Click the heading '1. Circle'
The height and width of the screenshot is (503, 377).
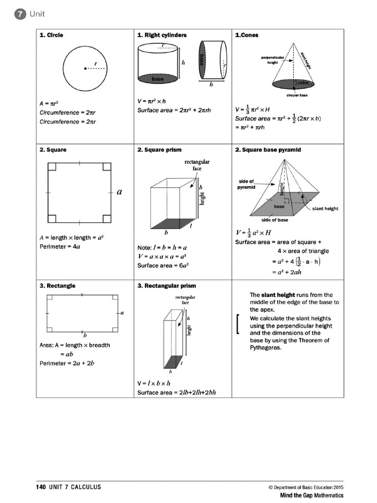(x=52, y=35)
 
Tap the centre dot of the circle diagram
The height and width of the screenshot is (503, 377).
(x=86, y=69)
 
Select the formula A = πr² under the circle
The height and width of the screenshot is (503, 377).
(x=49, y=104)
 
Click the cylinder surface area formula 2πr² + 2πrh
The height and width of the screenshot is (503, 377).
(x=174, y=110)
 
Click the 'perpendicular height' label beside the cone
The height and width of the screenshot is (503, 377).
(x=272, y=60)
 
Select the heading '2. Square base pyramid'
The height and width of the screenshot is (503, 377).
(x=268, y=150)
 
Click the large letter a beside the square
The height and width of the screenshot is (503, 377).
(x=119, y=193)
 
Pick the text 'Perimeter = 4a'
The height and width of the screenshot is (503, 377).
(x=60, y=247)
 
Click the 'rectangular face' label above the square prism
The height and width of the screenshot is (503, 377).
(x=197, y=165)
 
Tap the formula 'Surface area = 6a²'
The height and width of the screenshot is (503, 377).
(x=163, y=266)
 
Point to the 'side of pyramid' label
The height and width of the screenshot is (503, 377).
(x=247, y=184)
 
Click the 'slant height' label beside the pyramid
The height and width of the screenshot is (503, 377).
(x=325, y=208)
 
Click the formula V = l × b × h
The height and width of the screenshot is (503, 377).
(x=154, y=383)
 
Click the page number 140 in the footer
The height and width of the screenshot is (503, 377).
(x=41, y=487)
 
